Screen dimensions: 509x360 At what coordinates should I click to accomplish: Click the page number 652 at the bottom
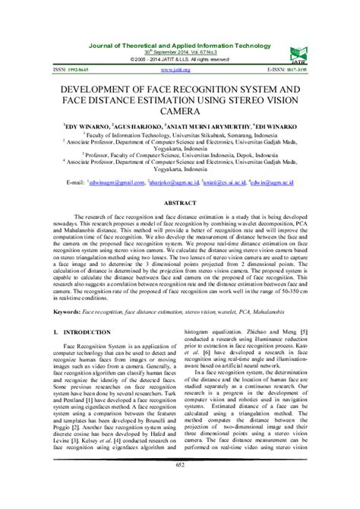180,487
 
